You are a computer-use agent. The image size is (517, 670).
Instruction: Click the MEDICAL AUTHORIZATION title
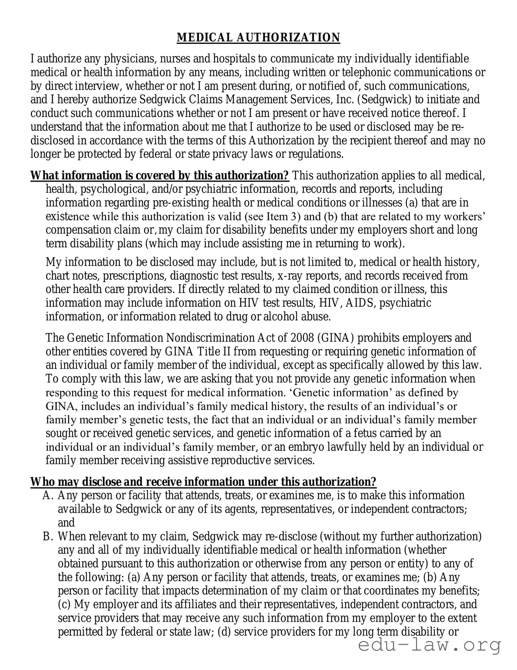pos(258,38)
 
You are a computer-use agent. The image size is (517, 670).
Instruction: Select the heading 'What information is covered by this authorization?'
pos(159,176)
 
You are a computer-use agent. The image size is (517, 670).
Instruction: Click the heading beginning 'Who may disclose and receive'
pos(203,482)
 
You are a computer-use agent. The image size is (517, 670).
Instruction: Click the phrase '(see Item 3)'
pos(273,217)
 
